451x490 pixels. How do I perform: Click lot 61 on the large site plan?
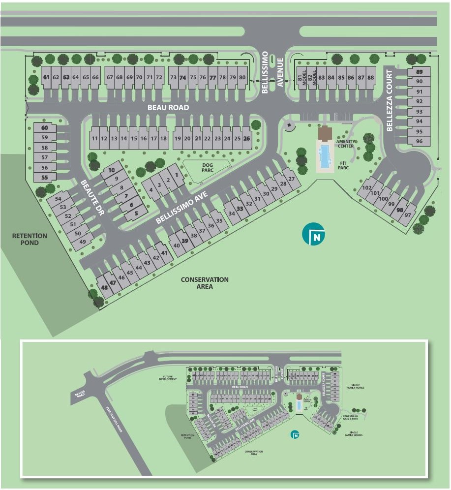pos(47,77)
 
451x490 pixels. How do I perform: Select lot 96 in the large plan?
pos(419,141)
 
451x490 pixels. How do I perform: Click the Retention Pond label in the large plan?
pos(30,239)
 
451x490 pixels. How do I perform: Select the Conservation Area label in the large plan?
pos(205,283)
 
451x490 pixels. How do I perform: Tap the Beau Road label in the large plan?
pos(169,107)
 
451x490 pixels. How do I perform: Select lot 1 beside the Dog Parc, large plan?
pos(176,175)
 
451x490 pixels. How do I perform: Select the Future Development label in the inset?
pos(167,379)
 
